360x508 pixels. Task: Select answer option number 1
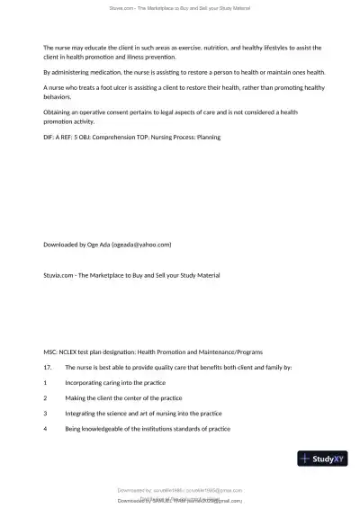[x=45, y=382]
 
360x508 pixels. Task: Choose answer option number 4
[x=45, y=428]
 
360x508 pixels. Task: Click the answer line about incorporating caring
[x=117, y=382]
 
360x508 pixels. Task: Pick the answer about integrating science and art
[x=143, y=413]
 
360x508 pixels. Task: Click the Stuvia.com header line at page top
[x=180, y=7]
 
